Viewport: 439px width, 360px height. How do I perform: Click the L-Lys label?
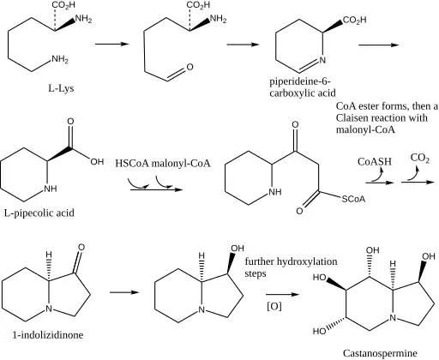[61, 88]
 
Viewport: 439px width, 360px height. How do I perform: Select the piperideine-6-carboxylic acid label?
[303, 87]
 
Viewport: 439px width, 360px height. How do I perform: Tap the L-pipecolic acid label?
[39, 213]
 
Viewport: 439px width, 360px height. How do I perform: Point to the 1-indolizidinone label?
[48, 334]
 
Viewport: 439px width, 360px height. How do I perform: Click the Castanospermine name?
[380, 353]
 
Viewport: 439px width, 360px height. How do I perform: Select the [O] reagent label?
[274, 307]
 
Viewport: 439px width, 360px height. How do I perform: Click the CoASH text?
[375, 162]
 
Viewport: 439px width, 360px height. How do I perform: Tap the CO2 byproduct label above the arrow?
[420, 158]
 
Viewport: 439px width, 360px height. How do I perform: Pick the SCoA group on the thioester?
[353, 199]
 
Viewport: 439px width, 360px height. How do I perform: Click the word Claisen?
[355, 117]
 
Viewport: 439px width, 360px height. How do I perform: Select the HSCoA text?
[132, 164]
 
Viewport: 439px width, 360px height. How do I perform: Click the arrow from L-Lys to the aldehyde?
[112, 44]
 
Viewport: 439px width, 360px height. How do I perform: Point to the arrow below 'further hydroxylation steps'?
[282, 294]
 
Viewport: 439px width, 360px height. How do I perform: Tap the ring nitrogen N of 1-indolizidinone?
[49, 309]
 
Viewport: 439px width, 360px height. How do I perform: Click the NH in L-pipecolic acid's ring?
[51, 189]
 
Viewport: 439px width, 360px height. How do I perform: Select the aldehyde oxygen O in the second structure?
[189, 67]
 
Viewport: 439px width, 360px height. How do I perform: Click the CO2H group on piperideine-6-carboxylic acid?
[354, 20]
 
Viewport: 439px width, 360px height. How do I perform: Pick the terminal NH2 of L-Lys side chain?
[60, 59]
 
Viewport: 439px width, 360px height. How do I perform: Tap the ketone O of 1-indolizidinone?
[81, 248]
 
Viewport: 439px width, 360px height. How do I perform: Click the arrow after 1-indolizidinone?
[124, 292]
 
